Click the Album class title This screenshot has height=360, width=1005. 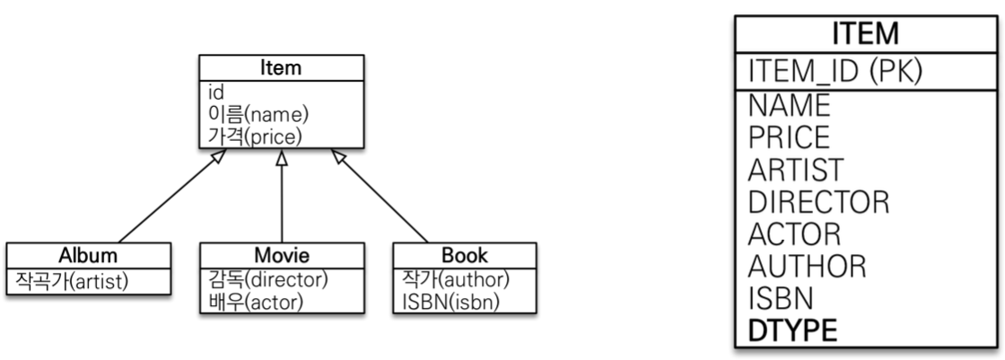87,253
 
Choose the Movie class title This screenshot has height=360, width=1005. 282,253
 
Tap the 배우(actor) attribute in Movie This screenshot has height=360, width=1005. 252,302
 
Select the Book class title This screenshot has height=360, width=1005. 464,253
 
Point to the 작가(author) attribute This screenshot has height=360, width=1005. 451,279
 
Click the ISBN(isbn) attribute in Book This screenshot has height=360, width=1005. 445,302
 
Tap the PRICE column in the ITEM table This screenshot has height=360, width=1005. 790,137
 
